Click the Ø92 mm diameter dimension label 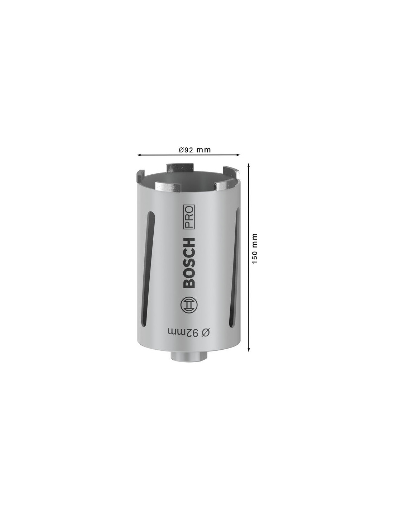(194, 150)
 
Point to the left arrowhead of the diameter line (139, 155)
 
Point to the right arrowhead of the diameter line (239, 155)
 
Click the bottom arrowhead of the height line (249, 357)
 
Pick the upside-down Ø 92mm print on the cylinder (188, 332)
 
